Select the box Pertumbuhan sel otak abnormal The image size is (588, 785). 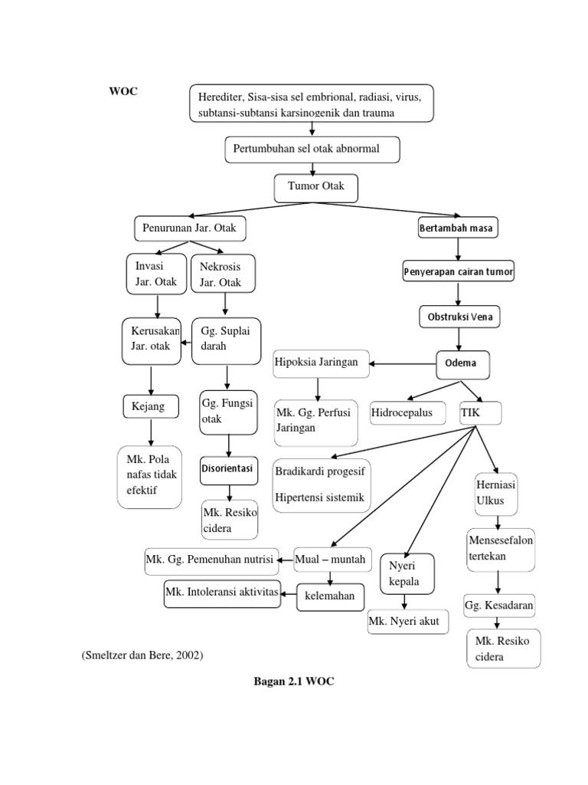(x=312, y=149)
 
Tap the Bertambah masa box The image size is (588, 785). (x=458, y=228)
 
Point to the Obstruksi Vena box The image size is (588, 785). (x=459, y=317)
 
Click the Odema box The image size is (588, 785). (x=462, y=363)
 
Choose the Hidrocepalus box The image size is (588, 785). (x=403, y=413)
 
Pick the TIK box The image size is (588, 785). (x=480, y=413)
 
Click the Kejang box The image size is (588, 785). (x=150, y=406)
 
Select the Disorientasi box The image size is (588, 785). (x=228, y=468)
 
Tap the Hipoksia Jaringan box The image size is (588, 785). (x=321, y=363)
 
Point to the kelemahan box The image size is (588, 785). (x=331, y=596)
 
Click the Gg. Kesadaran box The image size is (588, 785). (x=499, y=606)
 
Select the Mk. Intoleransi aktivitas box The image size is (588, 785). (x=222, y=593)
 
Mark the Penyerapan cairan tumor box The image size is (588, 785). (x=459, y=271)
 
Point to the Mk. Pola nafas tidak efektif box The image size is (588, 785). (x=150, y=476)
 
